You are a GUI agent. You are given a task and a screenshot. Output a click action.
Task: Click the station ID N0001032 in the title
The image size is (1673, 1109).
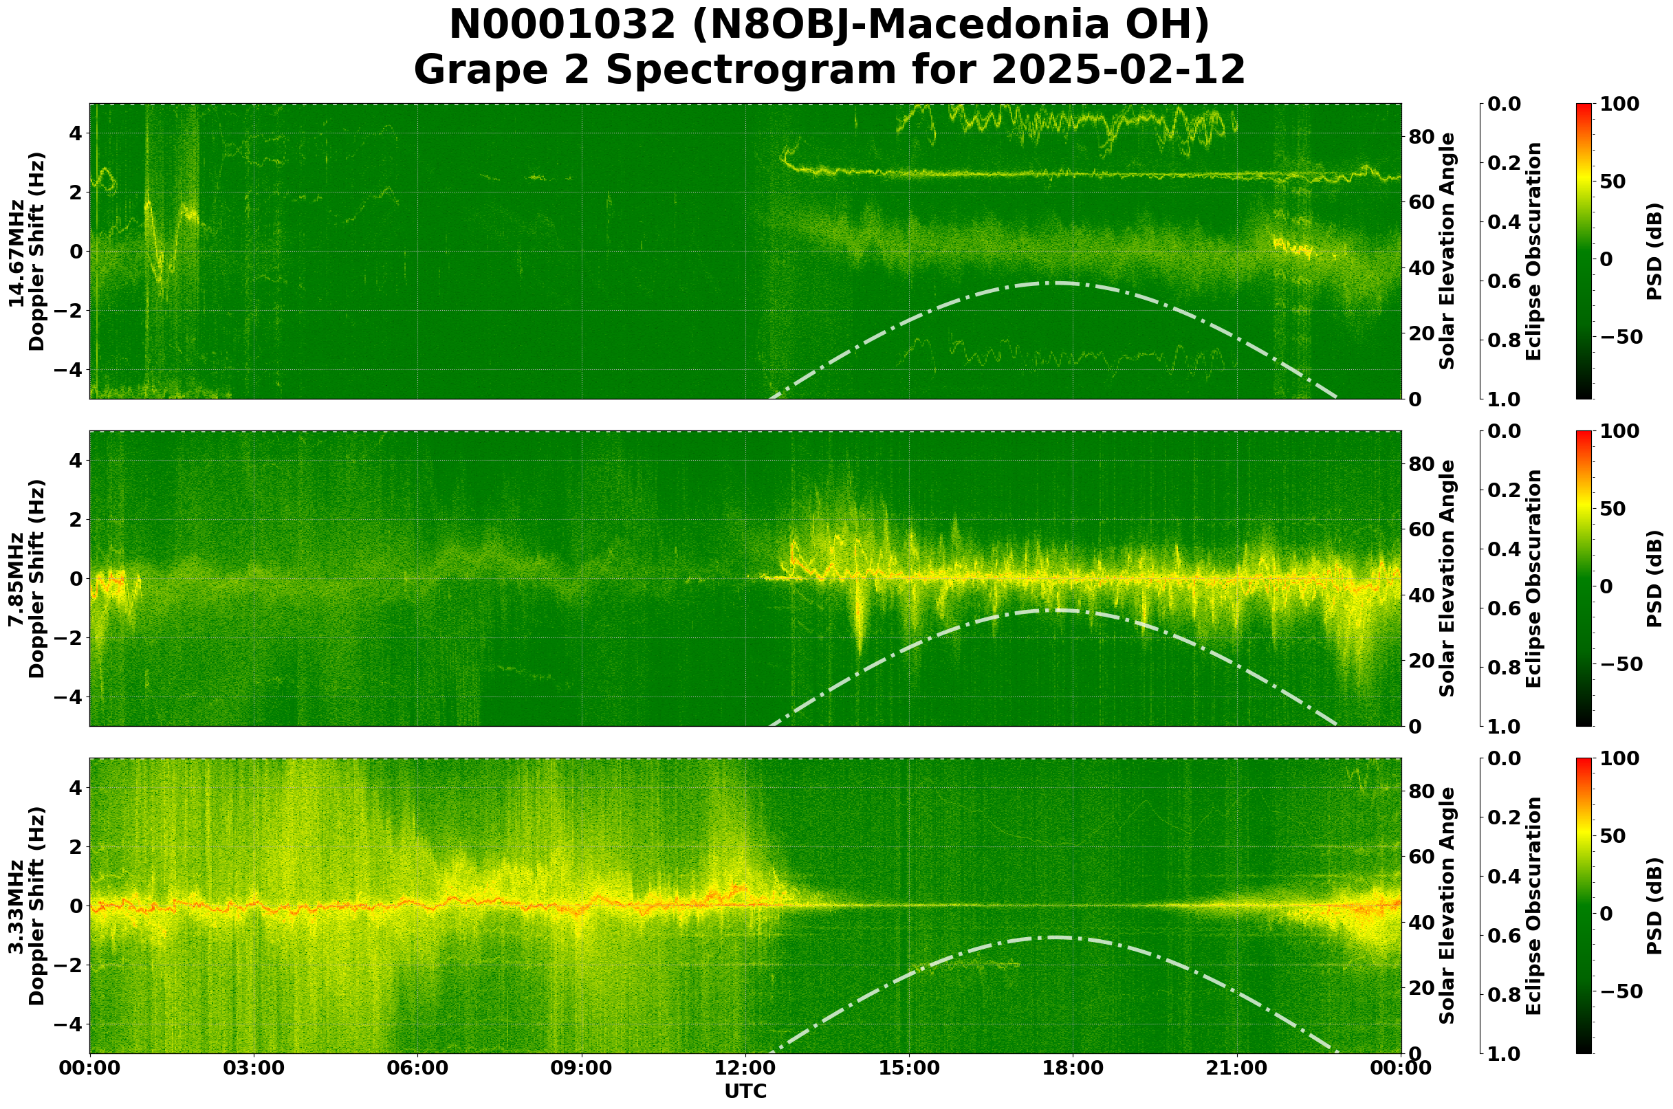click(562, 26)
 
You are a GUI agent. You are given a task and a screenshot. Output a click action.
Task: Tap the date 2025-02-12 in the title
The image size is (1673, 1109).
click(1117, 71)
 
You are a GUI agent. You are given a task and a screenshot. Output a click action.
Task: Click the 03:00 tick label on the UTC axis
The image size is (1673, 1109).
click(253, 1068)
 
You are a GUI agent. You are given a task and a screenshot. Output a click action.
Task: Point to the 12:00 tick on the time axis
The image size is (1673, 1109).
click(745, 1068)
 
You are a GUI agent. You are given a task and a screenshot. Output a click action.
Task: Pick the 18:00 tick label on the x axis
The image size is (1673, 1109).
click(1073, 1068)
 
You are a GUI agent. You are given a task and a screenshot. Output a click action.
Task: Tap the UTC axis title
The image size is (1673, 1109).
click(745, 1092)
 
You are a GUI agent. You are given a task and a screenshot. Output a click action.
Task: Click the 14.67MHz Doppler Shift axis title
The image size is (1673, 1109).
click(26, 252)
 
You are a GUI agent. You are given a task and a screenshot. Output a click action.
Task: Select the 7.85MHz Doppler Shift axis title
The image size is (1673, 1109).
click(26, 578)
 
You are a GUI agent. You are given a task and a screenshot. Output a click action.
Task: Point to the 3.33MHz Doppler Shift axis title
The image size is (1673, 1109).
click(26, 906)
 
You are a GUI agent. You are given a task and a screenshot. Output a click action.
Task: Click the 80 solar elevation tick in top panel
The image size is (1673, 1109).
click(1421, 137)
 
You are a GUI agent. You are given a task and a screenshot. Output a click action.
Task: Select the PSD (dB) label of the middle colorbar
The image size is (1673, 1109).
click(1654, 578)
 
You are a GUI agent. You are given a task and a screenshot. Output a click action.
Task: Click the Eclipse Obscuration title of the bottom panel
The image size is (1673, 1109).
click(1533, 906)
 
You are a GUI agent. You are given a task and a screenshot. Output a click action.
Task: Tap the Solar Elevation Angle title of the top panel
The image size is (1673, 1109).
click(1447, 252)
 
